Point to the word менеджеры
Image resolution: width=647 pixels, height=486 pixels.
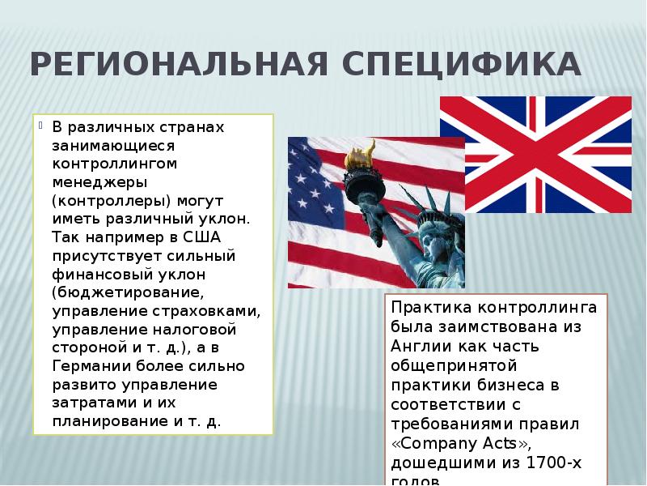click(94, 181)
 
